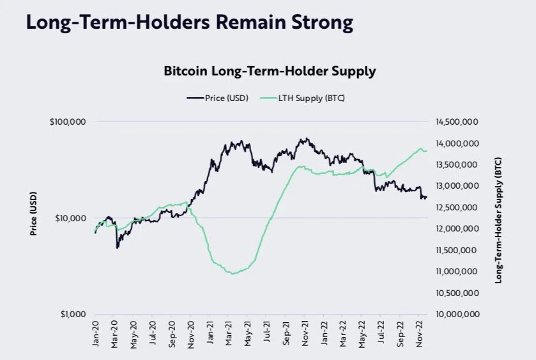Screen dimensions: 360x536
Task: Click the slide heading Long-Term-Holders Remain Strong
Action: coord(189,23)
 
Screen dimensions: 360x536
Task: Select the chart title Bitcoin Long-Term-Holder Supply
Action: coord(270,71)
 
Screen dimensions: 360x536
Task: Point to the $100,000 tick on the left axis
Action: coord(68,121)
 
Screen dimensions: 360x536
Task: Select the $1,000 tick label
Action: coord(73,315)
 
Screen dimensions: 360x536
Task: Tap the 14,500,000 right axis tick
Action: coord(456,121)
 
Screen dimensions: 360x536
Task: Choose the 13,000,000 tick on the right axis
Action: coord(456,186)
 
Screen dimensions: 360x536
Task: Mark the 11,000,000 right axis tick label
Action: coord(456,272)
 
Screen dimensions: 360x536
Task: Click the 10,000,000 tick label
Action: coord(456,315)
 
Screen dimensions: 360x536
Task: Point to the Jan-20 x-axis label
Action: coord(96,333)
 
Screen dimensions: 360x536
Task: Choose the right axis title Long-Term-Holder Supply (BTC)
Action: coord(498,219)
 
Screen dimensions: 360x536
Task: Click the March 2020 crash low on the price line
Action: coord(117,247)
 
